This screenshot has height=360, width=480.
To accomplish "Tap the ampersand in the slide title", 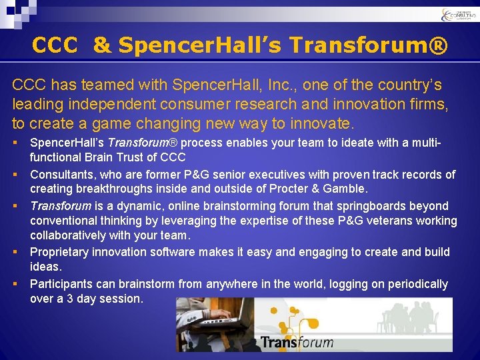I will (101, 45).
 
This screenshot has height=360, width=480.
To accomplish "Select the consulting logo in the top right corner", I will (458, 14).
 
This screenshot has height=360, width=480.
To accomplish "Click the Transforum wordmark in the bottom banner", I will (296, 342).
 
